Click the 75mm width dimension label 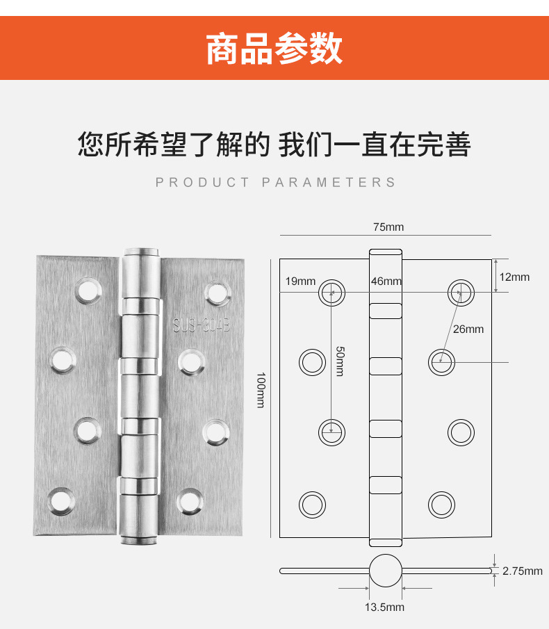coord(388,227)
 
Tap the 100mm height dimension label coord(261,390)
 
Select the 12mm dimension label coord(514,277)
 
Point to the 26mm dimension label coord(468,329)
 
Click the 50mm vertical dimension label coord(340,361)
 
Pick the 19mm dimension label coord(300,281)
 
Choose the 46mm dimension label coord(386,281)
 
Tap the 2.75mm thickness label coord(522,571)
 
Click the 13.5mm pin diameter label coord(384,607)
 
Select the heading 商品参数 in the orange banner coord(274,49)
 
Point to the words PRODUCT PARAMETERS coord(276,183)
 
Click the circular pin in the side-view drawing coord(386,571)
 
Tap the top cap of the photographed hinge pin coord(141,253)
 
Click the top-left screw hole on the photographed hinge coord(88,291)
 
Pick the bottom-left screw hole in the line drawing coord(312,505)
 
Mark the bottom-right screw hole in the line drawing coord(441,505)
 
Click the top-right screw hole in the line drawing coord(461,293)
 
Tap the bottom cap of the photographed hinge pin coord(139,540)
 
